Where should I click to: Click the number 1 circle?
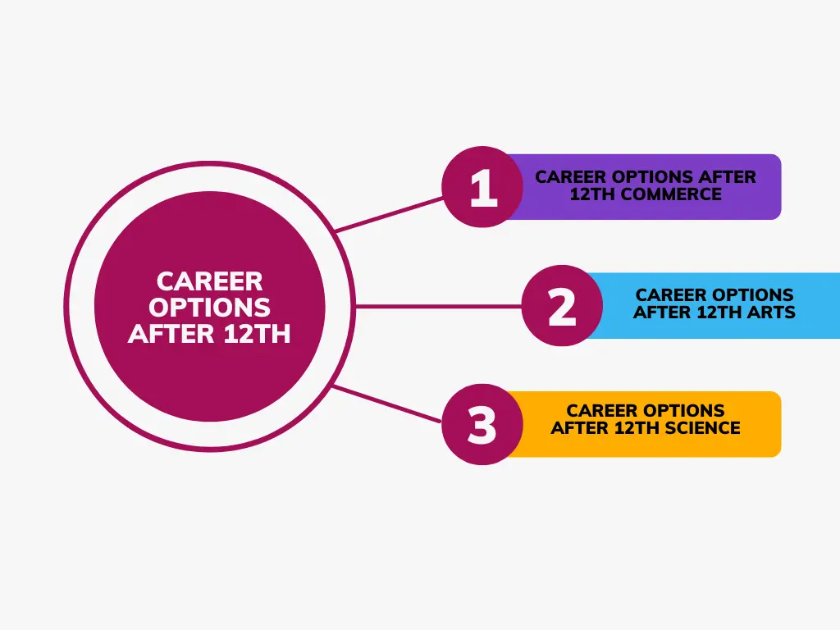click(482, 187)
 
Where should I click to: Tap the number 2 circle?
click(562, 306)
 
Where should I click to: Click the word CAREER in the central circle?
click(210, 281)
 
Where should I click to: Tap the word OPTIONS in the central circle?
click(210, 308)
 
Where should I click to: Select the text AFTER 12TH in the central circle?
click(210, 334)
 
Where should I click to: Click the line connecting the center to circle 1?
click(390, 214)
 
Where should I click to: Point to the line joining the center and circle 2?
click(439, 306)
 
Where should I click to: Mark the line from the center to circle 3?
click(390, 403)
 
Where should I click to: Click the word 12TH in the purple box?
click(593, 195)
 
